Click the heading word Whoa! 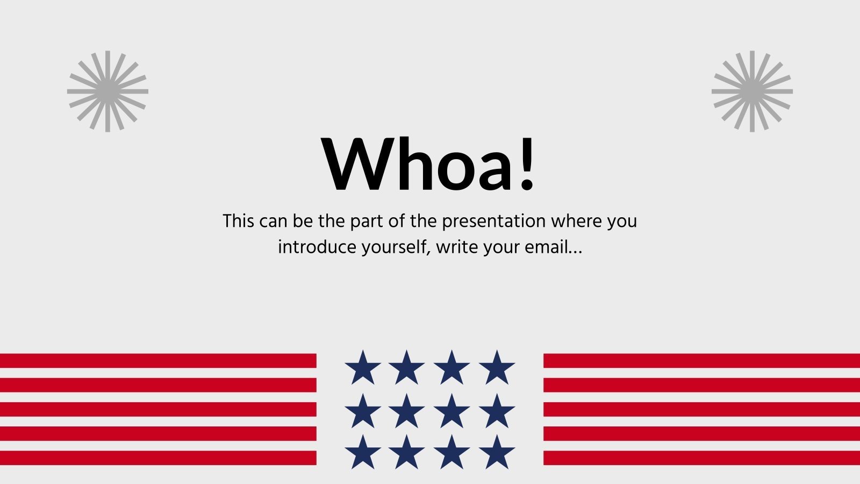428,164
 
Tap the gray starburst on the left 107,91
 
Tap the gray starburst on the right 752,91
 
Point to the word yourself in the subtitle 395,247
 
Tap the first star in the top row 363,368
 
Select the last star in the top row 497,368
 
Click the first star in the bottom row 363,453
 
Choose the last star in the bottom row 497,453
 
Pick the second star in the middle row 407,411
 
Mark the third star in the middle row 451,411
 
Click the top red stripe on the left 158,360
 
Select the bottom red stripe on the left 158,458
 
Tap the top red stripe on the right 701,360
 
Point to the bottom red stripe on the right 701,458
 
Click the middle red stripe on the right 701,409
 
